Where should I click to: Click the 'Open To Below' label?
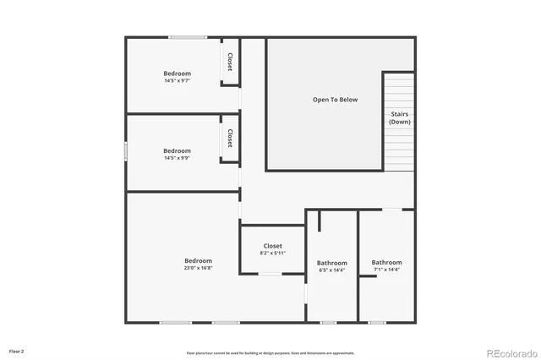(x=335, y=100)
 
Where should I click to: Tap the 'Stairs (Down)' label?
(x=400, y=117)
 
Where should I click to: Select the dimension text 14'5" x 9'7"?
(x=177, y=81)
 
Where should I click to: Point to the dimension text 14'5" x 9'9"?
(x=177, y=158)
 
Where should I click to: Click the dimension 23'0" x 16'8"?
(x=198, y=268)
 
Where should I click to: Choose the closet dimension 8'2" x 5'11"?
(x=272, y=254)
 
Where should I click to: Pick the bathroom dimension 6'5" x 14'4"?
(x=332, y=270)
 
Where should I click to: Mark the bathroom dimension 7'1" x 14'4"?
(x=386, y=270)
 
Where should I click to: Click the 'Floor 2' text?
(x=17, y=350)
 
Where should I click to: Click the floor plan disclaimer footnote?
(x=270, y=352)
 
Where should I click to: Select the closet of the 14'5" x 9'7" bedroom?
(x=229, y=62)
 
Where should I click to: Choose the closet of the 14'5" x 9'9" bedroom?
(x=229, y=138)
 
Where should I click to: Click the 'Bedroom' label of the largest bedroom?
(x=198, y=260)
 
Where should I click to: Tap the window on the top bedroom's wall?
(x=187, y=37)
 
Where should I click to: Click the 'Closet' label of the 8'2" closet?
(x=272, y=246)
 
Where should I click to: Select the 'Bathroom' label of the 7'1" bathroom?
(x=386, y=262)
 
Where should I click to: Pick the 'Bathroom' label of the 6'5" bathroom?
(x=332, y=263)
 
